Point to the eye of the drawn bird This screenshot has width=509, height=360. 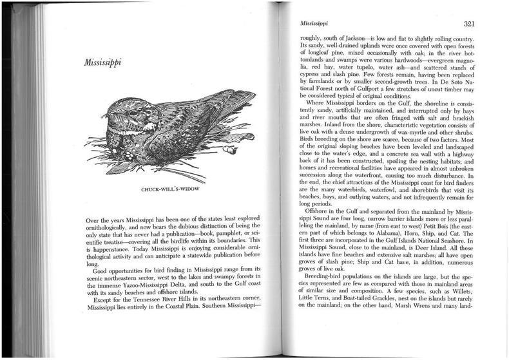click(x=133, y=113)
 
